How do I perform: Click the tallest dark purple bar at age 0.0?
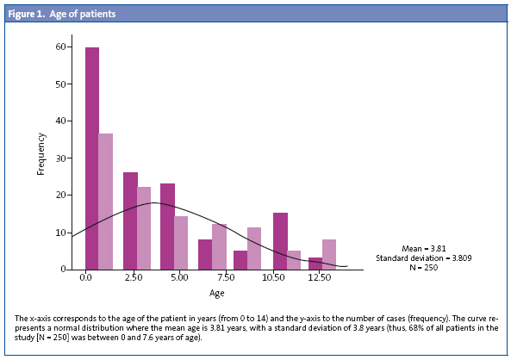pos(91,158)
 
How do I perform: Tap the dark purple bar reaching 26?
pos(130,220)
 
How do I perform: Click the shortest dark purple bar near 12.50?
pos(315,264)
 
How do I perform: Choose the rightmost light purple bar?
pos(329,254)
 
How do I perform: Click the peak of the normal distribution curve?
pos(152,203)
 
